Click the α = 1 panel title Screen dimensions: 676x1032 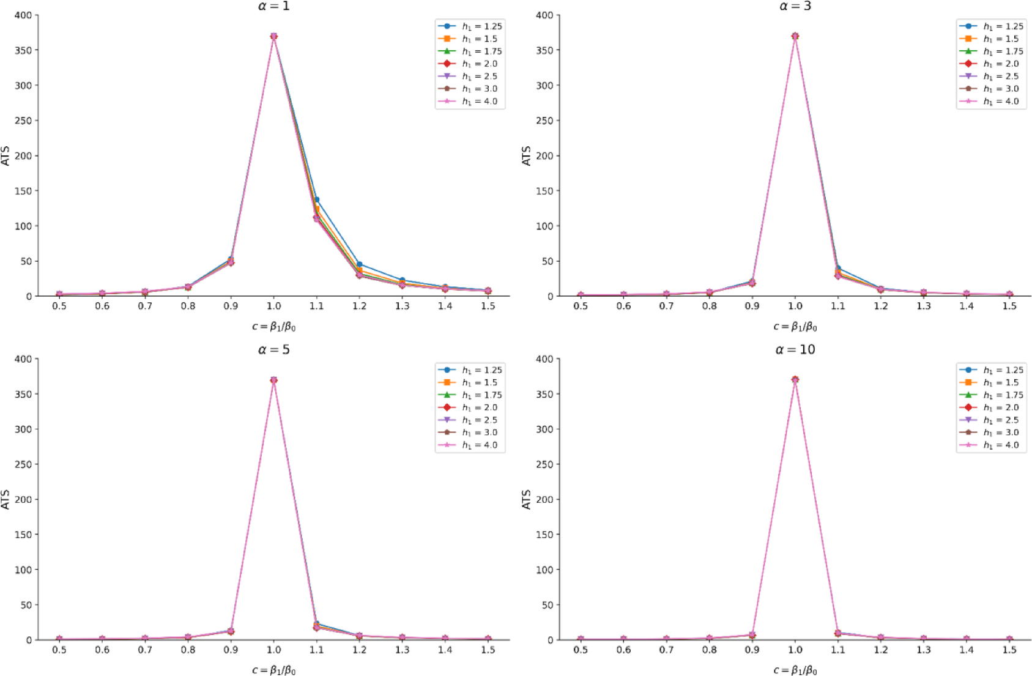tap(273, 6)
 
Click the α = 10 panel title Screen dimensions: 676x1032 tap(795, 349)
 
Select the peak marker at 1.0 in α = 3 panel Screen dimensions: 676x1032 tap(795, 36)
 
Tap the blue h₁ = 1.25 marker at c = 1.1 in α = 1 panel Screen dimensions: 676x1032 tap(316, 199)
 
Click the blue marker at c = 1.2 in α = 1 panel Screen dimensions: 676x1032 tap(359, 264)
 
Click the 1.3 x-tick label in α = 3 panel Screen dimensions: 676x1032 tap(923, 306)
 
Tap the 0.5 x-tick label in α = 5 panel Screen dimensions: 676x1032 tap(59, 650)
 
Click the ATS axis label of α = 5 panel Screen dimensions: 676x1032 tap(6, 499)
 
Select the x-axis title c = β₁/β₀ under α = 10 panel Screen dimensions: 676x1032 tap(795, 670)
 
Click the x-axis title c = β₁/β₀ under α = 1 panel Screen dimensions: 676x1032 tap(273, 327)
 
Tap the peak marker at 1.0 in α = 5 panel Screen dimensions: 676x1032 tap(273, 380)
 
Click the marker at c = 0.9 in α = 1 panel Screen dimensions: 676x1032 tap(231, 261)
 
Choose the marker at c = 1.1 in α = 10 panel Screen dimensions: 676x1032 tap(837, 633)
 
